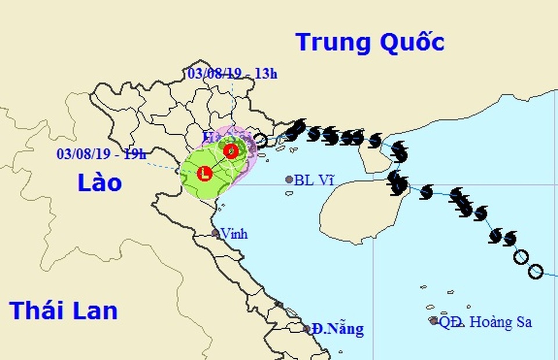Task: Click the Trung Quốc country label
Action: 370,42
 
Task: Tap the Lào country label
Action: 100,183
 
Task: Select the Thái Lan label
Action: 63,311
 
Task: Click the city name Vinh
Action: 234,234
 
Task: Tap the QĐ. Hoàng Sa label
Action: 485,322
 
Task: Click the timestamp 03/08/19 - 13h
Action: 233,73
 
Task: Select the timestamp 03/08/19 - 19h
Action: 102,155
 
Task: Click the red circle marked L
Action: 204,173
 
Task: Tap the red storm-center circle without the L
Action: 231,151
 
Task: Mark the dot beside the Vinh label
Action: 215,233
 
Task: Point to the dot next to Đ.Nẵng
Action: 307,329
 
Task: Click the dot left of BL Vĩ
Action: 289,180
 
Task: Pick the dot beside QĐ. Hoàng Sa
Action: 433,320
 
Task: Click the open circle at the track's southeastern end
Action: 535,271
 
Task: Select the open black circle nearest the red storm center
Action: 261,140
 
